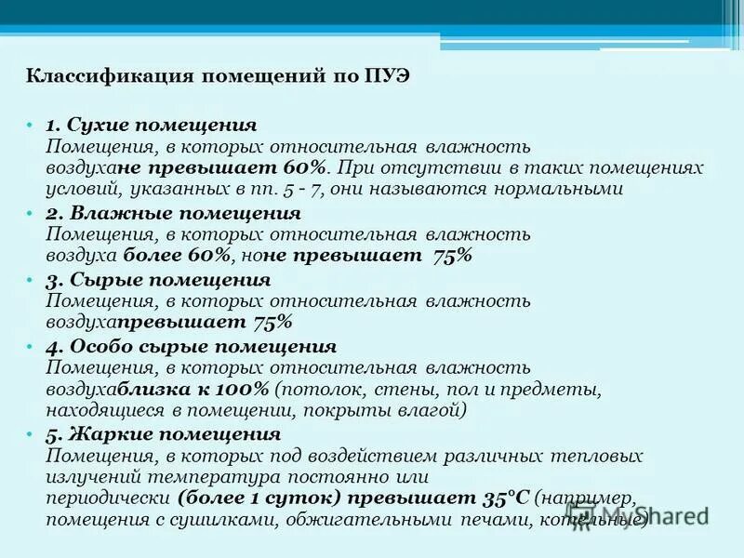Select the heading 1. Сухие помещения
[151, 124]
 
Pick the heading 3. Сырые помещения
[158, 280]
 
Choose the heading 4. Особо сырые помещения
[191, 347]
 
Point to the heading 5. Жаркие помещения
[163, 435]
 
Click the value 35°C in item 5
[506, 498]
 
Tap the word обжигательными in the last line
[369, 521]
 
